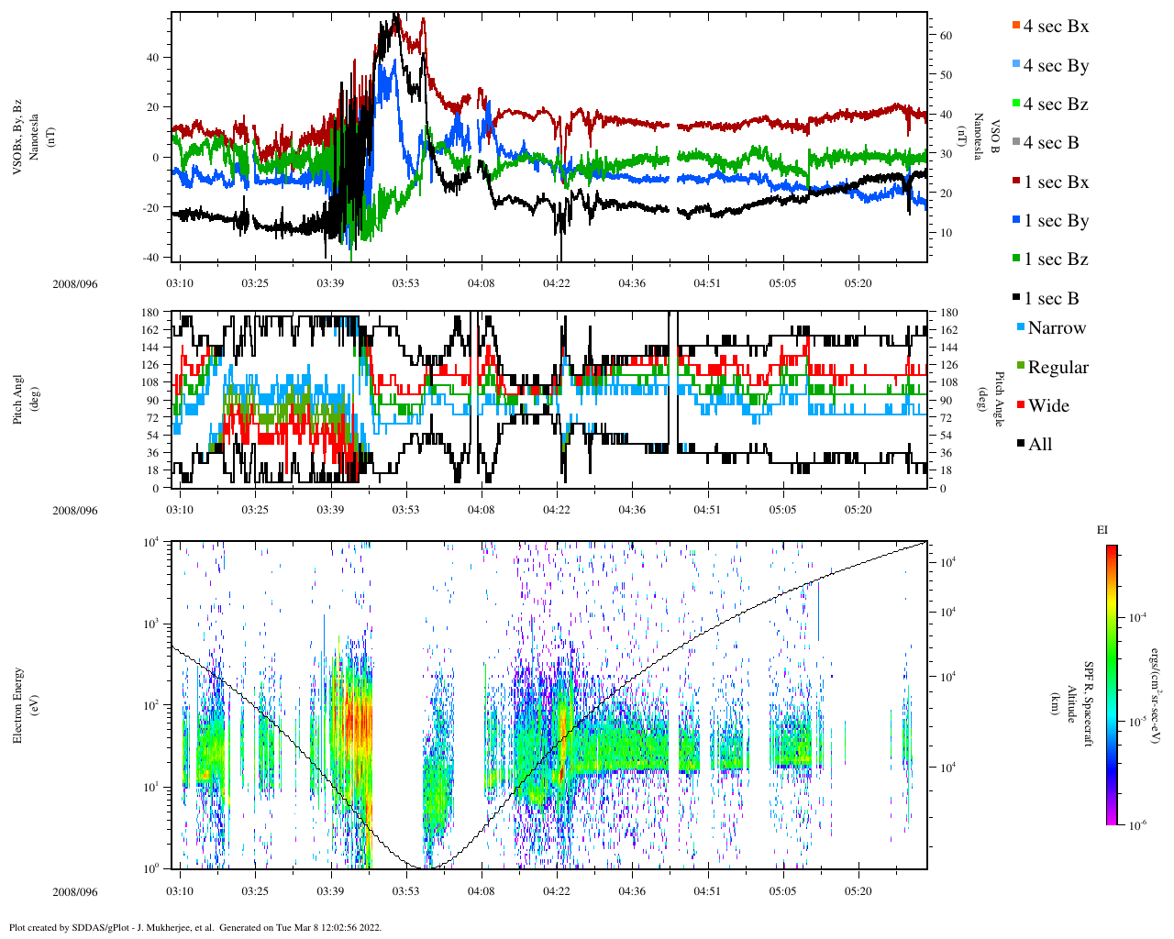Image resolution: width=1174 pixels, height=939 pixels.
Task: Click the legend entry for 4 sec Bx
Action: (x=1055, y=27)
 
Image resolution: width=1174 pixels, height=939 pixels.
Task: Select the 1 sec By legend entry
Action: (x=1056, y=221)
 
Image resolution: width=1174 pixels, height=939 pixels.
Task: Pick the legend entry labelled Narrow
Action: (x=1056, y=328)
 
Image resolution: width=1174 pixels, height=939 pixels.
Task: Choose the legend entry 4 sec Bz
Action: (x=1055, y=105)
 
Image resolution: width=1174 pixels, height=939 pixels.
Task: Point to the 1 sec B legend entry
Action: (x=1051, y=299)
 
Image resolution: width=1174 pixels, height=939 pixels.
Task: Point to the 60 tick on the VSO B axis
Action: (x=946, y=36)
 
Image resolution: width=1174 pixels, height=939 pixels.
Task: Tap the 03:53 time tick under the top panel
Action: (x=406, y=283)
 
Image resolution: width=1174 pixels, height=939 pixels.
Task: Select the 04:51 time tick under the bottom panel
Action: (x=707, y=891)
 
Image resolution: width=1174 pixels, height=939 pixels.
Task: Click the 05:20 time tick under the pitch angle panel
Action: (x=858, y=510)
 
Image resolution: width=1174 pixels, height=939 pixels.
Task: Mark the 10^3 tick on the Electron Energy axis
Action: (x=150, y=624)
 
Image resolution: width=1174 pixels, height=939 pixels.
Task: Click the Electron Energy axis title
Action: (x=18, y=704)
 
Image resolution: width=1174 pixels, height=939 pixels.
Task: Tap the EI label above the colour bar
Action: (x=1102, y=530)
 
